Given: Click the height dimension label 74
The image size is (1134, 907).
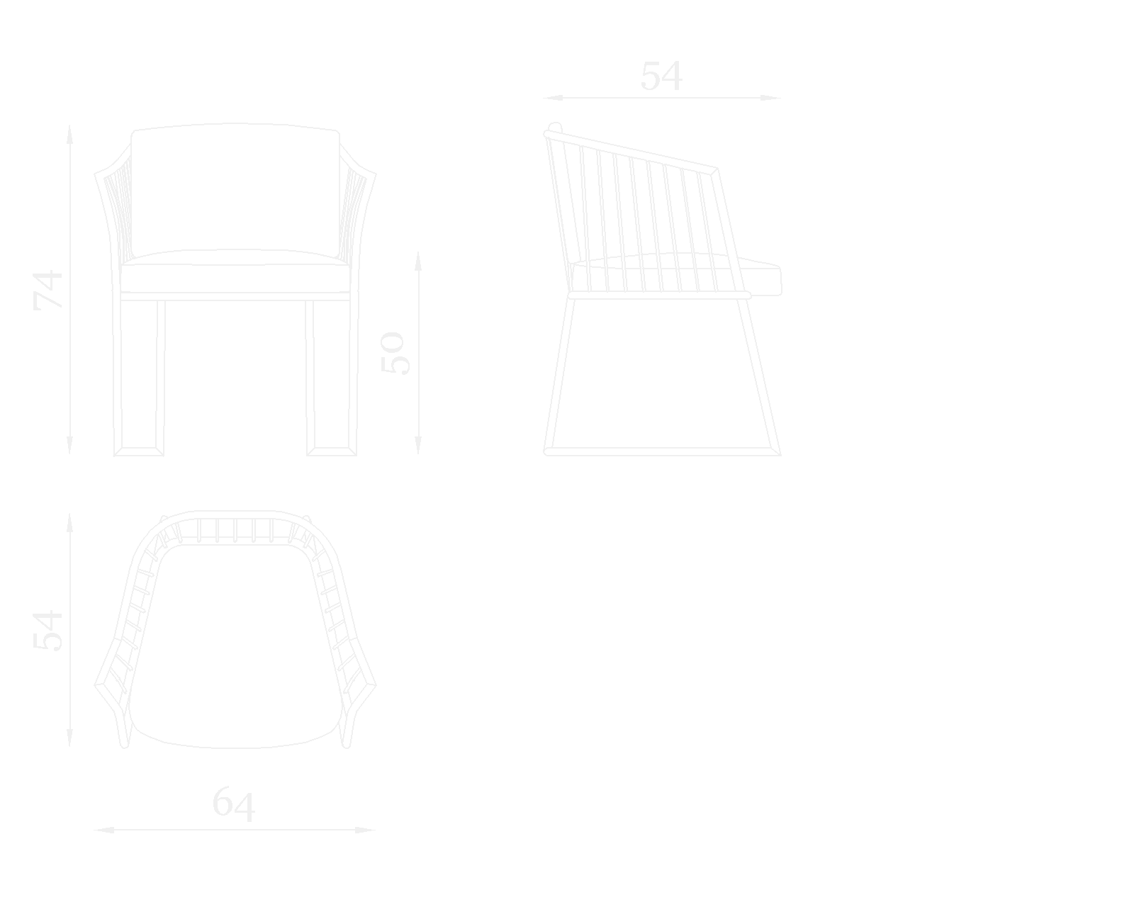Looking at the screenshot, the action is point(47,290).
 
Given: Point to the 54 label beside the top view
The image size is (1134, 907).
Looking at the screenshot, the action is point(47,631).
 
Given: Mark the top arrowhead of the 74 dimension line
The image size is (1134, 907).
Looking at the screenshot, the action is point(69,134).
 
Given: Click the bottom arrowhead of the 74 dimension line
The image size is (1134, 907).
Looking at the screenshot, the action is point(69,445).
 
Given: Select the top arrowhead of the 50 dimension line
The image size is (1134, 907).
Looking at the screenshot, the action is point(418,260).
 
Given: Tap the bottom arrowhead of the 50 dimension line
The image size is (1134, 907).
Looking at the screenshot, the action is point(418,445).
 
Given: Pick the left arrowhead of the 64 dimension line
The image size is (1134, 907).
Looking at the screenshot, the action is point(103,830).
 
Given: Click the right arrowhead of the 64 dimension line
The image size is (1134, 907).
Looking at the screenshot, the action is point(366,830).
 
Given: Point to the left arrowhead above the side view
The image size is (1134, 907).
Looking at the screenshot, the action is point(553,98).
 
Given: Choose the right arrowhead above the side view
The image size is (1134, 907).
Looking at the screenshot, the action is point(771,98).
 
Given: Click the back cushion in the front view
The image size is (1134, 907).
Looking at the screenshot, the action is point(235,190).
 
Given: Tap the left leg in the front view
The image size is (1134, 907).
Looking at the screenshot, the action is point(139,378).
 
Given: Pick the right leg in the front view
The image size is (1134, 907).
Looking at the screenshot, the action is point(332,378).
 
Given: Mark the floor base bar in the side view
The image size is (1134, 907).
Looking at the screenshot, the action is point(663,451).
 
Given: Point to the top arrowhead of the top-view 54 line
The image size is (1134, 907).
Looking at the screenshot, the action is point(69,523).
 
